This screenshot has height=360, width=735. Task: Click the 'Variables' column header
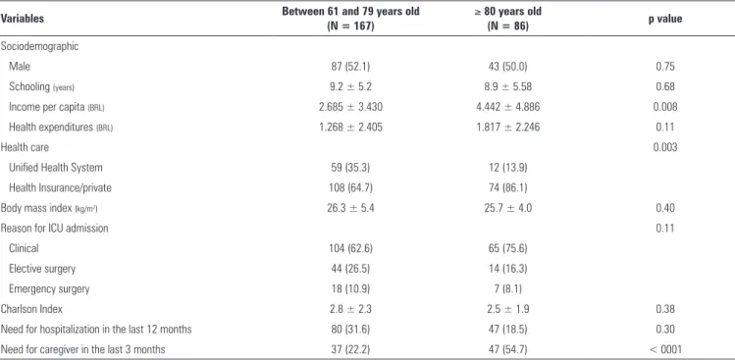point(23,19)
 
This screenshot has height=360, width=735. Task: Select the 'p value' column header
point(665,19)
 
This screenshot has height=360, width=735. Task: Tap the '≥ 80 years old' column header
point(507,19)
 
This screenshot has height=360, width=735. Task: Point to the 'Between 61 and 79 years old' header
point(350,19)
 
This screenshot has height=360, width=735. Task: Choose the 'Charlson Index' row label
point(31,309)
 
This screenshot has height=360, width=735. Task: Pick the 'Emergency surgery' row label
point(49,288)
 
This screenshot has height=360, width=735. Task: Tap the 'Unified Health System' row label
point(55,168)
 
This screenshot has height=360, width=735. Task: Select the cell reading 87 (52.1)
point(350,67)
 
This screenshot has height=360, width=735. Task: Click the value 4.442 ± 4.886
point(507,107)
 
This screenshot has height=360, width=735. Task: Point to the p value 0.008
point(665,107)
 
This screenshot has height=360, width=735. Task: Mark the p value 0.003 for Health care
point(665,148)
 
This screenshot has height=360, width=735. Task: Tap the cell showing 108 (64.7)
point(350,188)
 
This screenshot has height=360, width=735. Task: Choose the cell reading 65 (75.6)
point(507,248)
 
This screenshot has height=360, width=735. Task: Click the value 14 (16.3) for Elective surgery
point(507,269)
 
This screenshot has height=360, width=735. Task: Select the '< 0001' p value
point(665,349)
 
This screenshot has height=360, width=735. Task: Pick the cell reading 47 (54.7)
point(507,349)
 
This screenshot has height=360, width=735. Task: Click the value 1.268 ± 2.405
point(350,128)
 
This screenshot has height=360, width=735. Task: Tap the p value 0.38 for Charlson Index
point(665,309)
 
